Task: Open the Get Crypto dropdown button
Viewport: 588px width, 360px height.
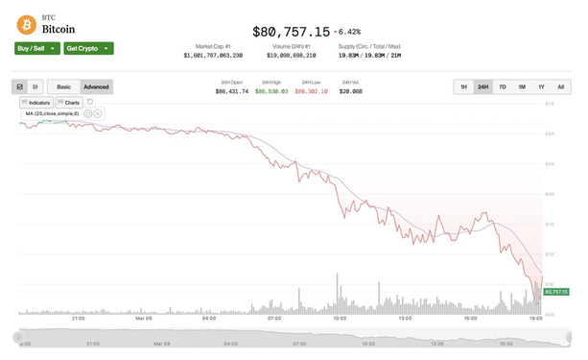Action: [x=89, y=48]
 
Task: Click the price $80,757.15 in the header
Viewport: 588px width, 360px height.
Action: [x=290, y=32]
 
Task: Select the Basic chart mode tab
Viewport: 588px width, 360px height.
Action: [x=63, y=86]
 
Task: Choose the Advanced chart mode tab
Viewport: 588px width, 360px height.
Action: [x=96, y=86]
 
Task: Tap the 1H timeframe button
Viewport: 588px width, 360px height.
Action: [x=463, y=86]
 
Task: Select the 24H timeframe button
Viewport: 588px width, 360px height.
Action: [x=482, y=86]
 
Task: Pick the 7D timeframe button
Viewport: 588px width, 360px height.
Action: [x=503, y=86]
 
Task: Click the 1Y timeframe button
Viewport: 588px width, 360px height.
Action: [x=541, y=86]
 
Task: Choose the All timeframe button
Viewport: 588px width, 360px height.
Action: [x=560, y=86]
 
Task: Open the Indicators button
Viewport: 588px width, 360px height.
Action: [x=36, y=102]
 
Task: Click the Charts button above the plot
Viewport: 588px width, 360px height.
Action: [x=69, y=102]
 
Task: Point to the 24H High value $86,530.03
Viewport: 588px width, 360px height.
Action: [x=271, y=91]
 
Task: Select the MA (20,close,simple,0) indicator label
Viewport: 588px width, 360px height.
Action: [x=52, y=113]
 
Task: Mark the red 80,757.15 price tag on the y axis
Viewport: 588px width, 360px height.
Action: [x=556, y=291]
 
